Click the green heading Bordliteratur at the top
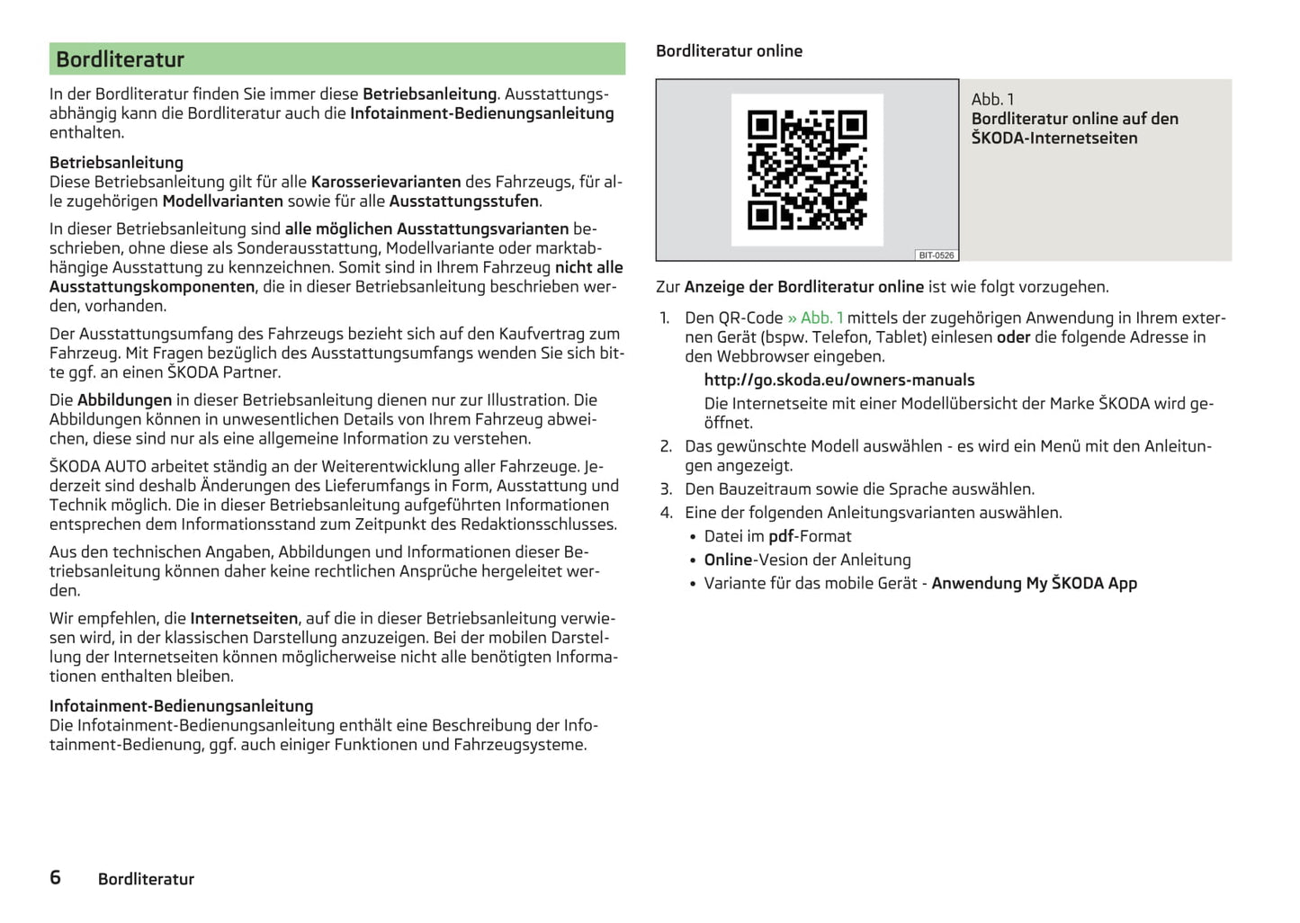(120, 59)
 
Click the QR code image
(807, 169)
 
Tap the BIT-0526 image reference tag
(936, 255)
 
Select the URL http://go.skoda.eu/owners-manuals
(838, 380)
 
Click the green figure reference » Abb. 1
(815, 318)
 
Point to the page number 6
(56, 877)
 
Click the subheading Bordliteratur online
(729, 51)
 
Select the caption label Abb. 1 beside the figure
(992, 99)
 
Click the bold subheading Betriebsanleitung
(116, 163)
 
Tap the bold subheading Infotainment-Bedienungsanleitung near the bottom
(181, 706)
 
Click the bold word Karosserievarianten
(386, 182)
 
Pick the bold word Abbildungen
(124, 399)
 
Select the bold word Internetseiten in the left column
(244, 618)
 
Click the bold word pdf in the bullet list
(781, 536)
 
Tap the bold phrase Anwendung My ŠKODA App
(1034, 583)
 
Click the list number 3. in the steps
(666, 489)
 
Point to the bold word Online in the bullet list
(728, 560)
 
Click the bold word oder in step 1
(1013, 337)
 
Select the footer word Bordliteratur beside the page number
(146, 879)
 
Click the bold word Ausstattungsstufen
(463, 201)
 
